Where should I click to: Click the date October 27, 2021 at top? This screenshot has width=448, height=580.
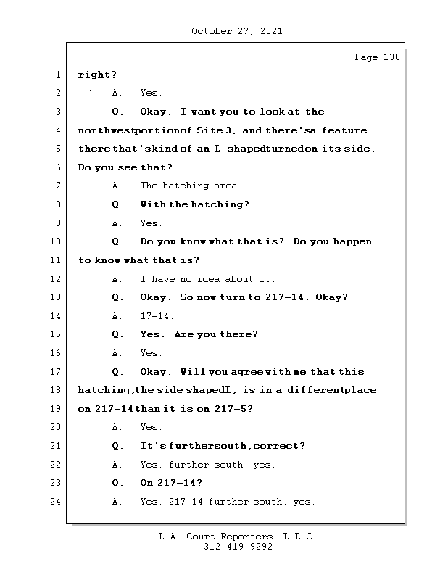pos(237,31)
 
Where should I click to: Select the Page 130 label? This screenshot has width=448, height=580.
pos(376,57)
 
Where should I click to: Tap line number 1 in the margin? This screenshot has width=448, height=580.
pos(57,75)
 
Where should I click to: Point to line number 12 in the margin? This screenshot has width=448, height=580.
pos(56,279)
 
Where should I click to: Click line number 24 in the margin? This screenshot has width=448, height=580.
pos(56,502)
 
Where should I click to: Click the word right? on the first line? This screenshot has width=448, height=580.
pos(97,75)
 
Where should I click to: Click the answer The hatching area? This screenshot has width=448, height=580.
pos(191,186)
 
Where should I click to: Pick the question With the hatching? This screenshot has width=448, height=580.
pos(194,204)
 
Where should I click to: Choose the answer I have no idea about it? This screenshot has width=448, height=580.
pos(207,279)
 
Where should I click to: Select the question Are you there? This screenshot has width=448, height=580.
pos(216,335)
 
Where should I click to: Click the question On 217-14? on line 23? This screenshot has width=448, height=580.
pos(170,483)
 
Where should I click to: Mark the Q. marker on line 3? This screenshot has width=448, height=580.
pos(117,112)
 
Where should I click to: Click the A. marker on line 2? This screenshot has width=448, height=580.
pos(117,94)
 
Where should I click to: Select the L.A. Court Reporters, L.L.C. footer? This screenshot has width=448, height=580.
pos(237,537)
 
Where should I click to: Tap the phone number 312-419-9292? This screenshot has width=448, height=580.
pos(238,547)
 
